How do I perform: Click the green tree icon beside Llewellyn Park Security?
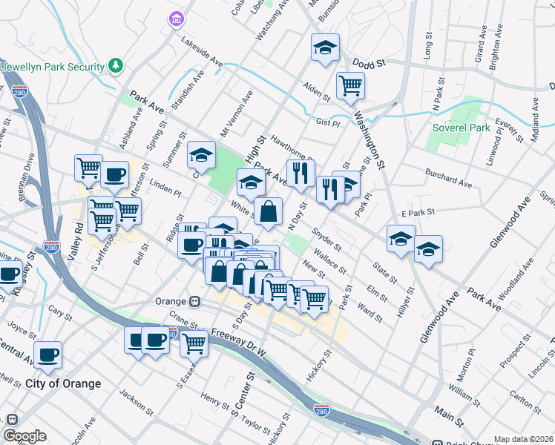coord(116,67)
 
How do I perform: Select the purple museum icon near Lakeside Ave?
coord(176,17)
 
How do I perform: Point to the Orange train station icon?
coord(195,302)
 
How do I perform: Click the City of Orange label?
coord(62,383)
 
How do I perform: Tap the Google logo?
coord(24,436)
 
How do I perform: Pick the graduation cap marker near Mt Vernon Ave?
coord(200,154)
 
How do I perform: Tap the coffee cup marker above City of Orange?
coord(47,354)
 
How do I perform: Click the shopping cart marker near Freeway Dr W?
coord(194,341)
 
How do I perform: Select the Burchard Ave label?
coord(448,178)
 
